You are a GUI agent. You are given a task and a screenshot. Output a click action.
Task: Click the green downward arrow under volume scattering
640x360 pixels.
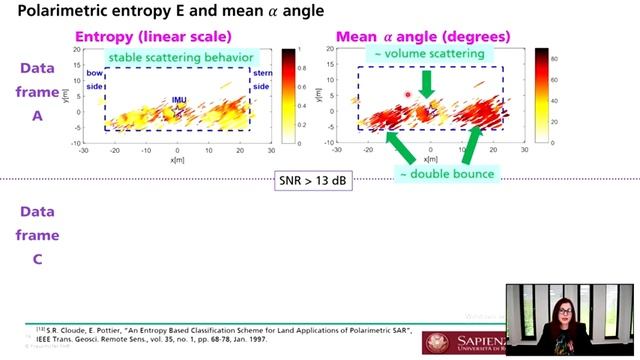[x=428, y=83]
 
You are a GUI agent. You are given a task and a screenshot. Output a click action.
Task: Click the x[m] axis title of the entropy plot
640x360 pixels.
[x=178, y=160]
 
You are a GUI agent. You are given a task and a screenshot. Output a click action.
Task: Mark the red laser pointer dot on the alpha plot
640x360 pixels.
[x=408, y=95]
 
